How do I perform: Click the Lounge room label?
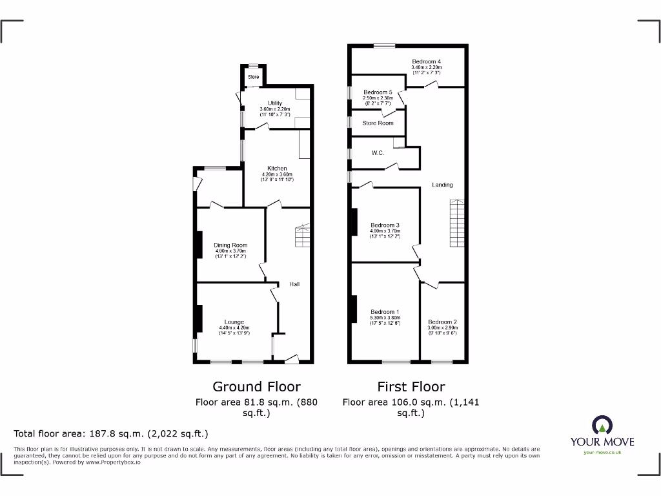click(x=234, y=322)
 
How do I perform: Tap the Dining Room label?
click(x=230, y=245)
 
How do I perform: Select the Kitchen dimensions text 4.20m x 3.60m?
click(x=277, y=174)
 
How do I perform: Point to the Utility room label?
click(x=275, y=103)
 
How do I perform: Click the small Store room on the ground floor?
click(x=254, y=77)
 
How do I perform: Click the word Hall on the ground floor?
click(x=294, y=284)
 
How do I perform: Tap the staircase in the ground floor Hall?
click(x=302, y=236)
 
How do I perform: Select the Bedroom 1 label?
click(x=385, y=312)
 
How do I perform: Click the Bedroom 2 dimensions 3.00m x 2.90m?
click(x=442, y=328)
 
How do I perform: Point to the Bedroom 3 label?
click(x=385, y=225)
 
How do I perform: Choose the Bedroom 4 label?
click(x=426, y=62)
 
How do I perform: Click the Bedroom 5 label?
click(x=378, y=92)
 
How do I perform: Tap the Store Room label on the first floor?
click(x=378, y=123)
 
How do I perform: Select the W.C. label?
click(x=378, y=153)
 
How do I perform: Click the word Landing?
click(x=442, y=185)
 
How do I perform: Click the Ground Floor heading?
click(x=256, y=387)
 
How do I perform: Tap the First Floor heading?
click(x=411, y=387)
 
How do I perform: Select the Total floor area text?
click(x=111, y=434)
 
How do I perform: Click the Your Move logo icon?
click(x=602, y=424)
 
